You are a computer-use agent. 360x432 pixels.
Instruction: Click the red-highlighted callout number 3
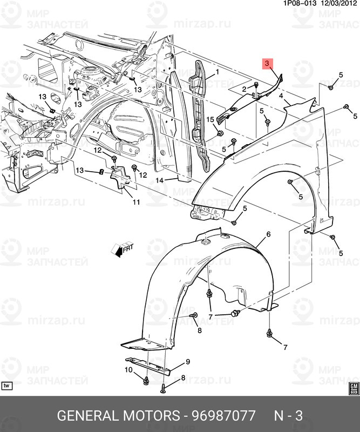pyautogui.click(x=268, y=64)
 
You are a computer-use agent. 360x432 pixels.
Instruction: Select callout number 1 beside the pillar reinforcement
pyautogui.click(x=217, y=72)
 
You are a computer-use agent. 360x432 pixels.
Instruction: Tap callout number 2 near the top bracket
pyautogui.click(x=243, y=89)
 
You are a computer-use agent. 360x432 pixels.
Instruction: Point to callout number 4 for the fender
pyautogui.click(x=281, y=96)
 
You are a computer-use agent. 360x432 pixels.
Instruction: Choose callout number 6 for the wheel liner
pyautogui.click(x=268, y=234)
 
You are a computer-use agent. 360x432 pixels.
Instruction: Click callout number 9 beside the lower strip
pyautogui.click(x=188, y=361)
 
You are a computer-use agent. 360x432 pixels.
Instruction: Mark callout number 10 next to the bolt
pyautogui.click(x=128, y=370)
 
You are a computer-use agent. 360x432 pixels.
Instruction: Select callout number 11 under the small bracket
pyautogui.click(x=135, y=202)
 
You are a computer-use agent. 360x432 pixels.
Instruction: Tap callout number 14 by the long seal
pyautogui.click(x=159, y=180)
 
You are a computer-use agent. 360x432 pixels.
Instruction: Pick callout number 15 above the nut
pyautogui.click(x=210, y=119)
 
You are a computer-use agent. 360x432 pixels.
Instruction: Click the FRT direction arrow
pyautogui.click(x=122, y=248)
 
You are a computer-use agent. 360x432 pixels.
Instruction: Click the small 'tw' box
pyautogui.click(x=7, y=386)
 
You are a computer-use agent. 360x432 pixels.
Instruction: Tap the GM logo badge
pyautogui.click(x=353, y=388)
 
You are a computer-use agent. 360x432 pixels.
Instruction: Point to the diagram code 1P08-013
pyautogui.click(x=300, y=3)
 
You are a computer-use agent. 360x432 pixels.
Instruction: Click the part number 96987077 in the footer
pyautogui.click(x=220, y=416)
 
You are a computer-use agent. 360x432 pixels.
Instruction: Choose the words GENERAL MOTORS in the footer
pyautogui.click(x=118, y=416)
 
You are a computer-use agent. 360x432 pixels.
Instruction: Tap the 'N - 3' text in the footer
pyautogui.click(x=288, y=416)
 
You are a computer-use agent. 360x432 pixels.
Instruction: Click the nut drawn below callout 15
pyautogui.click(x=220, y=132)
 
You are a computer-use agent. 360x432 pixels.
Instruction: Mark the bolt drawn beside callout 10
pyautogui.click(x=146, y=381)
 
